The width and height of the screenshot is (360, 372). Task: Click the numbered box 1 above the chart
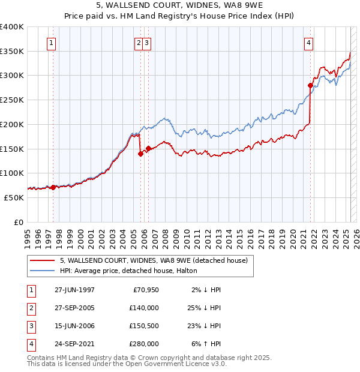point(52,43)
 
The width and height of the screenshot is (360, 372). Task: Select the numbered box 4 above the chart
point(308,43)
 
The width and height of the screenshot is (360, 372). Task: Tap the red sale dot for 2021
point(311,85)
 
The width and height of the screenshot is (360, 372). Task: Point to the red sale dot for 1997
point(53,187)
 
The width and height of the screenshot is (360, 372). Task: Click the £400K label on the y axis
point(12,27)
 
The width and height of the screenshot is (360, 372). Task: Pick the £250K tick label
point(12,100)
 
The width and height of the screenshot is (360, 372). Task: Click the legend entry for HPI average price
point(124,271)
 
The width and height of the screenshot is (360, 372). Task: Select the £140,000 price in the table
point(144,308)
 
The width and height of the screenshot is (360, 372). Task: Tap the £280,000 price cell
point(144,344)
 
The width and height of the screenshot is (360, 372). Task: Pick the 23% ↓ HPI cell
point(205,326)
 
